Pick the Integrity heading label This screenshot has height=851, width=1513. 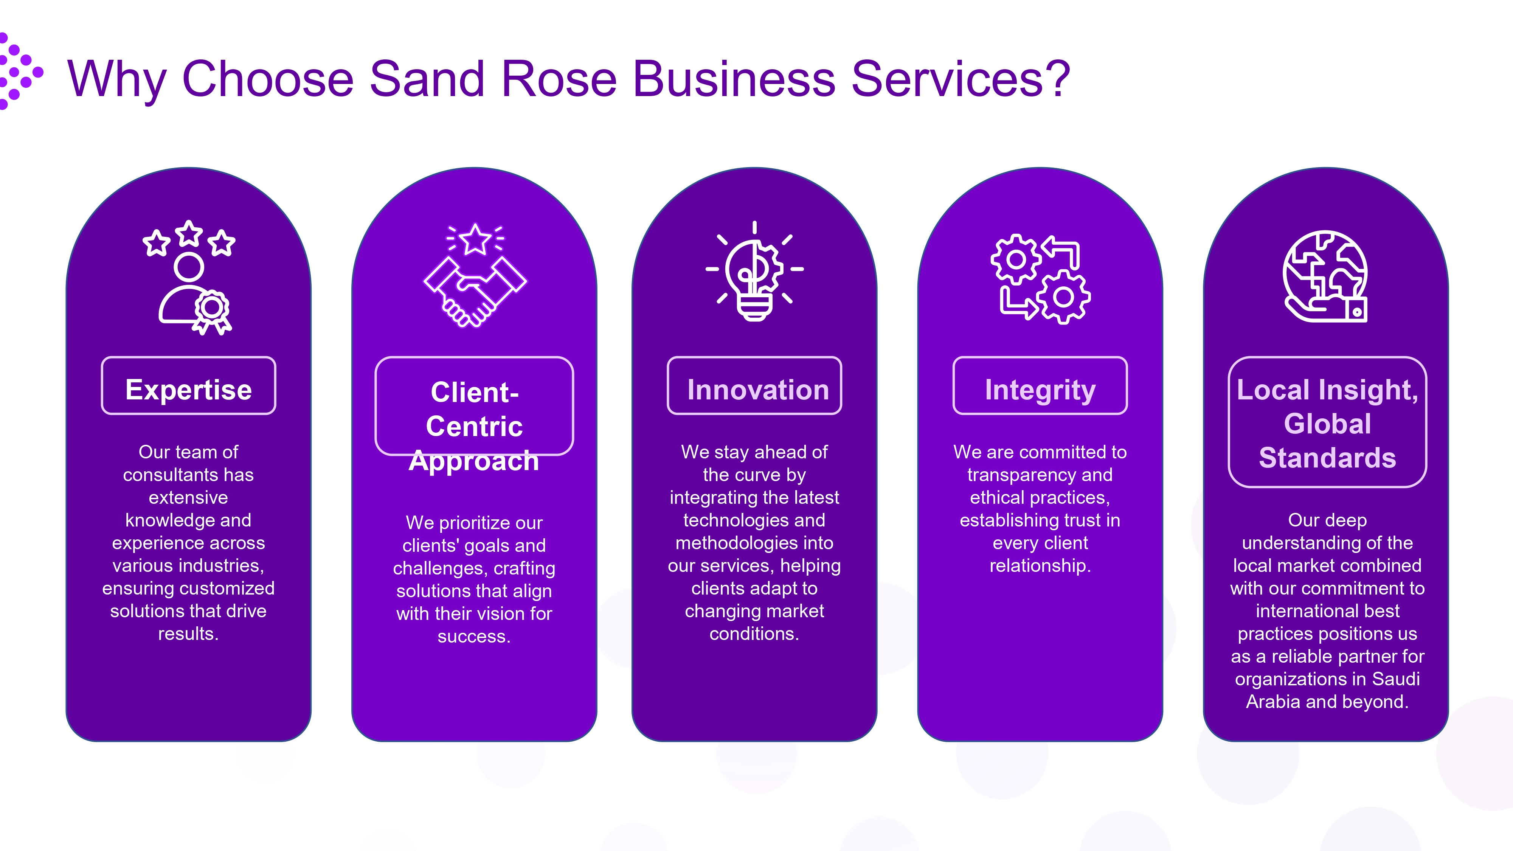1040,390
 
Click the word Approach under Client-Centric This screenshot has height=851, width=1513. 473,461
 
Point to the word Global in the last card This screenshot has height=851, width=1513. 1327,424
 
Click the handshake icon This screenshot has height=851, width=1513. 475,291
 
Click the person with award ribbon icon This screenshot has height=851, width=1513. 191,294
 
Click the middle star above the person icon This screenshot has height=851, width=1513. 189,234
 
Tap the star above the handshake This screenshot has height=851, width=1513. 475,240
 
